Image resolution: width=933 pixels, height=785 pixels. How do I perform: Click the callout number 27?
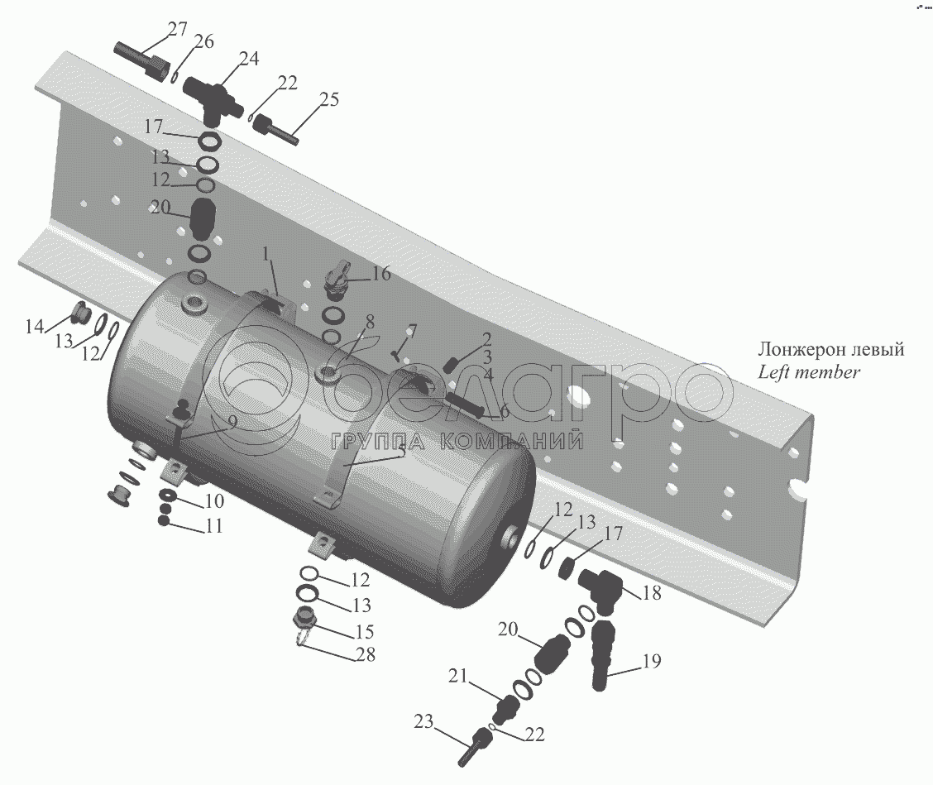[178, 30]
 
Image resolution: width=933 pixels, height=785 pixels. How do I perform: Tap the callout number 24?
[249, 59]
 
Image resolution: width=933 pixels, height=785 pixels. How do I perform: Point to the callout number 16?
[380, 275]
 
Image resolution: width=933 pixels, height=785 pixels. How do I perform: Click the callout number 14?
[34, 327]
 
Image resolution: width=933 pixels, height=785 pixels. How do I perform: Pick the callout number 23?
[423, 720]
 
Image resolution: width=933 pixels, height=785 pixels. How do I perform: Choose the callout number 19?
[651, 662]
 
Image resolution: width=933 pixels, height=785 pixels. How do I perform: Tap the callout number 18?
[651, 593]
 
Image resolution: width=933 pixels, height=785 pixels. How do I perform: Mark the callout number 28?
[366, 655]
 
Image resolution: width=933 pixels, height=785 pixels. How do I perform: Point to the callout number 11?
[214, 526]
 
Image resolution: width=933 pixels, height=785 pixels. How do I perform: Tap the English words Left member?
[809, 372]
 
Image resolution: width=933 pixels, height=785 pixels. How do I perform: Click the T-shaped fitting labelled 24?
[212, 97]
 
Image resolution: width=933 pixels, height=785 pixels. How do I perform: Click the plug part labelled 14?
[81, 313]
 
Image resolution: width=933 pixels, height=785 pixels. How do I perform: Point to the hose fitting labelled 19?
[601, 653]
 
